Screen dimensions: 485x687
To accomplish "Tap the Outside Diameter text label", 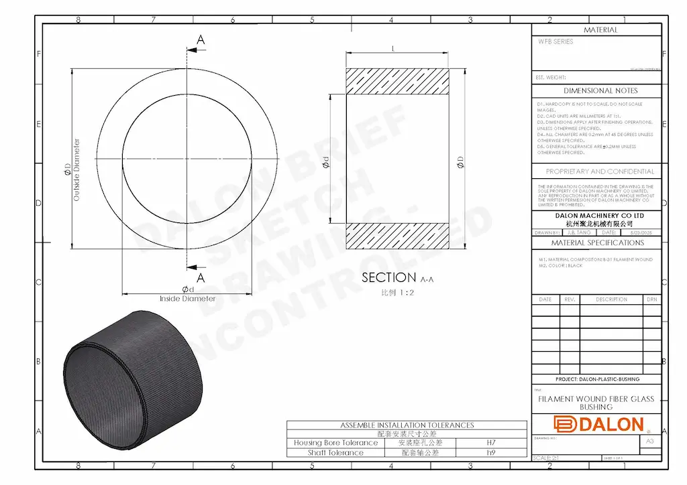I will [x=76, y=170].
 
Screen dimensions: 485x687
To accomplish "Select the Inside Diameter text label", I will [x=187, y=299].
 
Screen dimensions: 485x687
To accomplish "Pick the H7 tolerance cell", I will [x=491, y=443].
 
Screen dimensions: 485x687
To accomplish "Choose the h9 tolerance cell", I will [x=491, y=453].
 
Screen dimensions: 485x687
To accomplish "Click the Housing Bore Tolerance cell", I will [x=335, y=443].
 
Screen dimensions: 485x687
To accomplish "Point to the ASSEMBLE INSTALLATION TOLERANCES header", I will [x=407, y=425].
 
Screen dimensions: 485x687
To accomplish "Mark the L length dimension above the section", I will [x=392, y=49].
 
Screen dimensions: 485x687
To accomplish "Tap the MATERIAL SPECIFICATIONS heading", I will [x=597, y=242].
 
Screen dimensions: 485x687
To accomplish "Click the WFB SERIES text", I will [x=556, y=42].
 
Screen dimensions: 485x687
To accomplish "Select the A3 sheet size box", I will [x=649, y=441].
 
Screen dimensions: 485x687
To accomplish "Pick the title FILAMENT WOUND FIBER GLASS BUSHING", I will [x=596, y=403].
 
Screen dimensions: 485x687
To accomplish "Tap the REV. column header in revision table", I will [x=570, y=299].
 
